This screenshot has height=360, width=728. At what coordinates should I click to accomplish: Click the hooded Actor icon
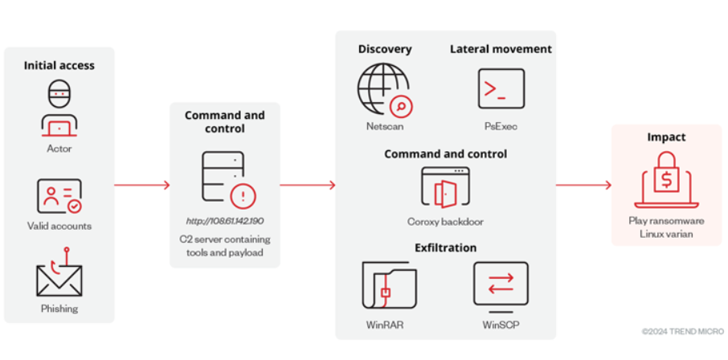point(59,108)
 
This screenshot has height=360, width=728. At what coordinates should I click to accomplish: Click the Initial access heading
point(59,65)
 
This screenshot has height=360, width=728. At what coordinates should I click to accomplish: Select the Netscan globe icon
point(382,90)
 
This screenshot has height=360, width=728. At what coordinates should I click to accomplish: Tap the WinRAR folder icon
point(388,285)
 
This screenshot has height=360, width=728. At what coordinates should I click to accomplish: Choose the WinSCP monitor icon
point(501,285)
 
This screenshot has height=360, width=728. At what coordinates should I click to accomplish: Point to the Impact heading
point(666,137)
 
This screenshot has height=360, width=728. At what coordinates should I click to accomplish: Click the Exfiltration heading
point(445,247)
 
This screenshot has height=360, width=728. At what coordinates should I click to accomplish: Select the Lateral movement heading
point(501,49)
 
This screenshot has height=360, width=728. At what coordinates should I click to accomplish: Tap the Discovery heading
point(384,49)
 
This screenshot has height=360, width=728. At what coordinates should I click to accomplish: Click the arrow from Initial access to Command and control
point(141,185)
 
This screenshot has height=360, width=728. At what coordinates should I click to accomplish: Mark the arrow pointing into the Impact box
point(583,185)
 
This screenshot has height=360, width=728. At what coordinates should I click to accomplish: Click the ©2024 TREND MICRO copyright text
point(682,331)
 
